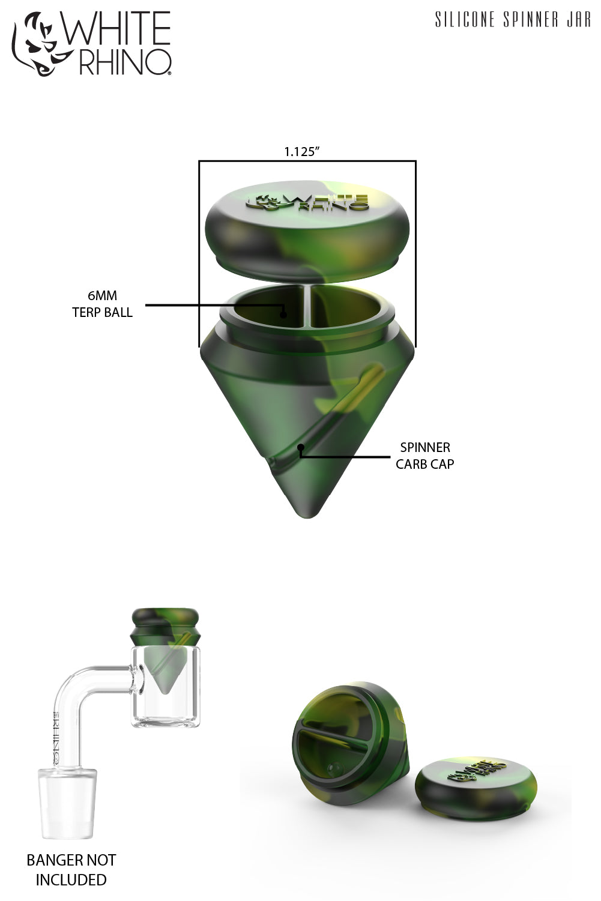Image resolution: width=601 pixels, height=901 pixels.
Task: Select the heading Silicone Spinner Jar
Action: click(x=513, y=20)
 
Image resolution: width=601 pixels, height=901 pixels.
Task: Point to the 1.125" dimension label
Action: click(x=301, y=152)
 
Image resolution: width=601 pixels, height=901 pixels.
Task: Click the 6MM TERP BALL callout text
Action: click(x=102, y=304)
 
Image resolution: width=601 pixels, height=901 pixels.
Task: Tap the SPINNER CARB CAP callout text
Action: click(x=424, y=456)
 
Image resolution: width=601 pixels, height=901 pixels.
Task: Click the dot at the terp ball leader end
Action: click(x=284, y=312)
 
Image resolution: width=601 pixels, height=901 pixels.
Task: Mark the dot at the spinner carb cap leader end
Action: click(x=301, y=447)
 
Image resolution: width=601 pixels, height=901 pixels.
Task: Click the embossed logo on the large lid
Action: click(x=309, y=202)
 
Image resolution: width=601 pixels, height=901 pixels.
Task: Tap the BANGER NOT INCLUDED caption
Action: click(x=71, y=870)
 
